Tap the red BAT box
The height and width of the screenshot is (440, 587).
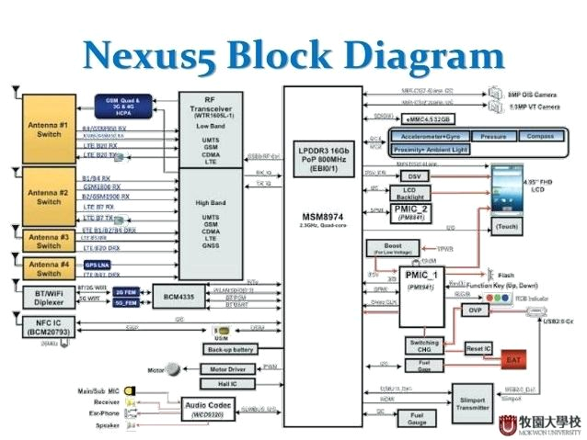tap(513, 359)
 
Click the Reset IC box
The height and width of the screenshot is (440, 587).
tap(478, 349)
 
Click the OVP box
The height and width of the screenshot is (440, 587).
tap(476, 310)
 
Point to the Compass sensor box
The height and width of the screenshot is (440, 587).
tap(541, 136)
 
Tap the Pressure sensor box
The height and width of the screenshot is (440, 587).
tap(492, 136)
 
